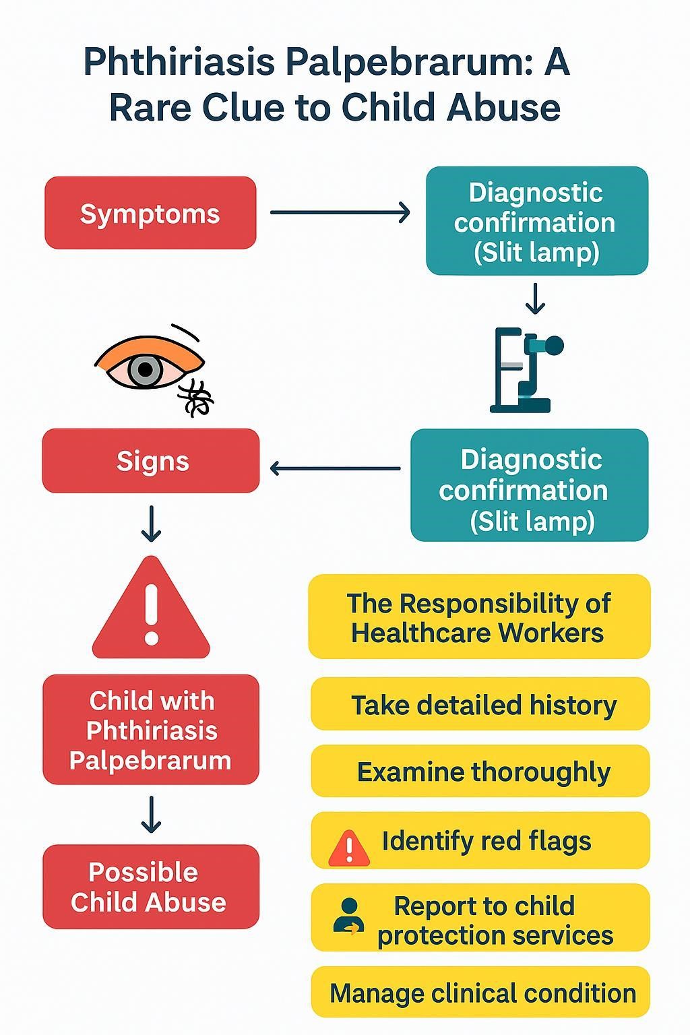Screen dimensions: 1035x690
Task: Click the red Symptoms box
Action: [150, 213]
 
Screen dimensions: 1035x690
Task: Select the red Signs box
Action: [151, 461]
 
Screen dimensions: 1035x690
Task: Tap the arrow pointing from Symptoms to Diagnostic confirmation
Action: [340, 212]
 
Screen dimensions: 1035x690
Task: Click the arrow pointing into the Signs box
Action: [335, 468]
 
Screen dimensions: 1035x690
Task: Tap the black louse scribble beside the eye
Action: [195, 398]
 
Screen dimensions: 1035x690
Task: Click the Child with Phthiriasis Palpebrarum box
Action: [151, 730]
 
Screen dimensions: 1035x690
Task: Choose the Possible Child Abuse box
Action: [151, 887]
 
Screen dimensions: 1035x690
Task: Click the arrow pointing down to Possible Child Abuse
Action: [151, 814]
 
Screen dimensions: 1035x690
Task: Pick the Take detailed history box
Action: [480, 705]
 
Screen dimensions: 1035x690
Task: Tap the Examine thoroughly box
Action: [480, 772]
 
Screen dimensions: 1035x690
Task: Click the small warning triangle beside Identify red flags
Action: [348, 848]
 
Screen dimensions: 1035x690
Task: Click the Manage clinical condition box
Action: [480, 993]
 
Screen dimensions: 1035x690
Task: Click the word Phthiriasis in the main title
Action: [180, 63]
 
